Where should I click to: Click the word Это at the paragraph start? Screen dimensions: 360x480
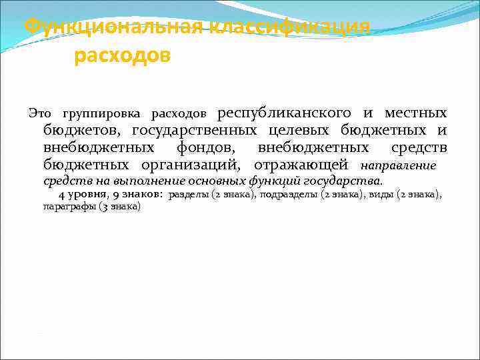click(41, 113)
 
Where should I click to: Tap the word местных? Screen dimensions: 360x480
click(415, 113)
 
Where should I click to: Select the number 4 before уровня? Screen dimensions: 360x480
click(61, 195)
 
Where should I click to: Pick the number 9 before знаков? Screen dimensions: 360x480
click(116, 195)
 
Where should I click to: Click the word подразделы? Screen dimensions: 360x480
click(288, 195)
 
